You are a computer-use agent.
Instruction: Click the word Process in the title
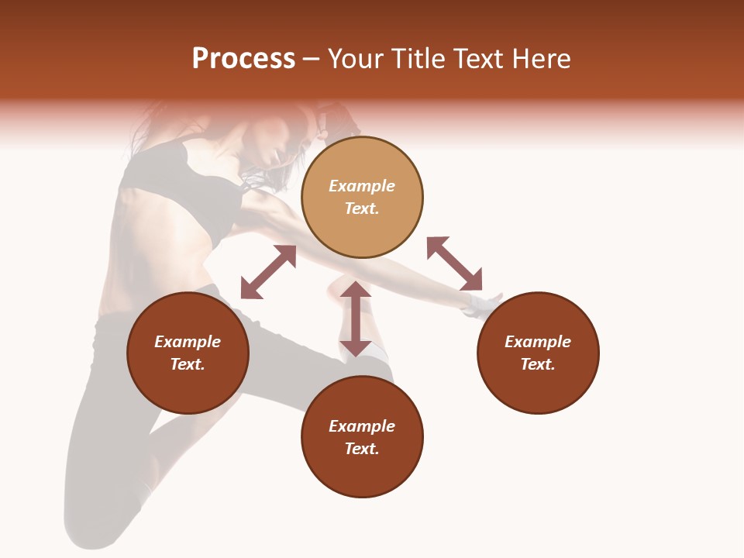point(243,59)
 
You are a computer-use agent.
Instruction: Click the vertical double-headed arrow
point(355,319)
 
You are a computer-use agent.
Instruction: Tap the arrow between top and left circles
point(268,272)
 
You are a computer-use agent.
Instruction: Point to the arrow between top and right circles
point(454,263)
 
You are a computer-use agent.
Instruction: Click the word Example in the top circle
point(362,186)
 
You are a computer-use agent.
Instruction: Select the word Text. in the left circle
point(188,364)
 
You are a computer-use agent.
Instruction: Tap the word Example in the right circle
point(538,342)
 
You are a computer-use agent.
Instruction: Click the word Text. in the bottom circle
point(362,449)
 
